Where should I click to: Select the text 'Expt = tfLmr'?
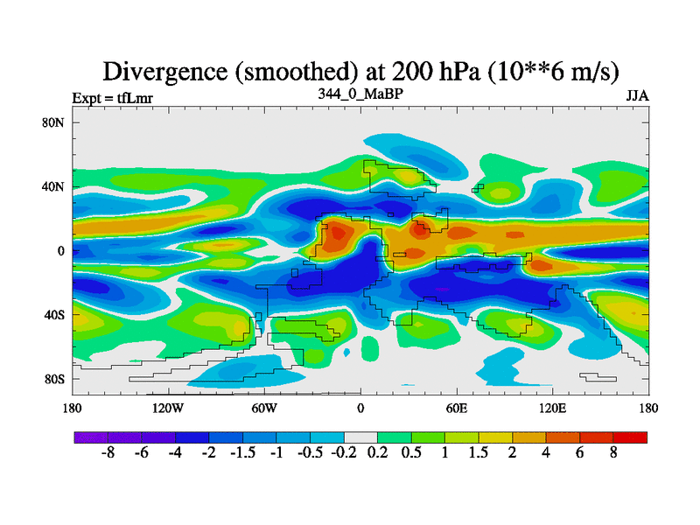(x=112, y=98)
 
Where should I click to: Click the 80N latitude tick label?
(x=54, y=122)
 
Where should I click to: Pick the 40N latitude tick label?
(x=54, y=186)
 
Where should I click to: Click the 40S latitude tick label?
(x=54, y=315)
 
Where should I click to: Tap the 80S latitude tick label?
(x=54, y=379)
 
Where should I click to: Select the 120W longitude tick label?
(x=168, y=409)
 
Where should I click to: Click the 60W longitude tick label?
(x=264, y=409)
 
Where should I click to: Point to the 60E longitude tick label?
(x=457, y=409)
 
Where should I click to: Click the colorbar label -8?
(x=108, y=453)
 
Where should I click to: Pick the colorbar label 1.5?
(x=479, y=453)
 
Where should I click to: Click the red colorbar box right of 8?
(x=630, y=437)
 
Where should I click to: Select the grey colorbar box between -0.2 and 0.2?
(x=360, y=437)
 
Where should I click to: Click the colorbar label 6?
(x=580, y=453)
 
